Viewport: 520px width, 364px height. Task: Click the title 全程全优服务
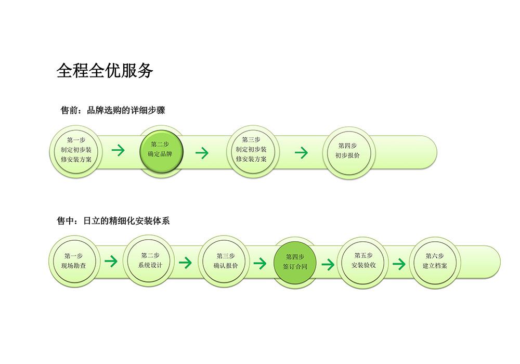pos(105,70)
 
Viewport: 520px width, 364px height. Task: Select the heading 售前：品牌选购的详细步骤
pos(113,110)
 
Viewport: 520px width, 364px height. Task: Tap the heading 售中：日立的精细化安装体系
pos(113,220)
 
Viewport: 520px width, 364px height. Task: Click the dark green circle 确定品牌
pos(161,151)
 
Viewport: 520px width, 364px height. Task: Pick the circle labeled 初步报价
pos(348,152)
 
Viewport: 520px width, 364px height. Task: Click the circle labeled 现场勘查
pos(74,262)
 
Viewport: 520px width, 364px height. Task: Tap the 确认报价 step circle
pos(225,262)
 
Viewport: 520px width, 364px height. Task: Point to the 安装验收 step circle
pos(363,263)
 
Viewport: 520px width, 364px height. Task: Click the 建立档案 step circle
pos(435,263)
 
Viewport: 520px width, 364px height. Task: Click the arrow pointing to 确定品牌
pos(118,150)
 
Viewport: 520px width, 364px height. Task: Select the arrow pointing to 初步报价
pos(301,152)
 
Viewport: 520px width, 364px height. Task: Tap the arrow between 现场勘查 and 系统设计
pos(111,261)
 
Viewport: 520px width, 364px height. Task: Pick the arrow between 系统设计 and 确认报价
pos(186,263)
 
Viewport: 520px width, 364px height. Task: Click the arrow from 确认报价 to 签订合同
pos(260,264)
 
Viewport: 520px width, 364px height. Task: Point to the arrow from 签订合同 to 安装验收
pos(328,264)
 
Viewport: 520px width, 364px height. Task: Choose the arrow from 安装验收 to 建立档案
pos(399,264)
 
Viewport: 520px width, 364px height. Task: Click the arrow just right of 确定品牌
pos(202,153)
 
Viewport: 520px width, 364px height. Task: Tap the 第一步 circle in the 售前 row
pos(76,151)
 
